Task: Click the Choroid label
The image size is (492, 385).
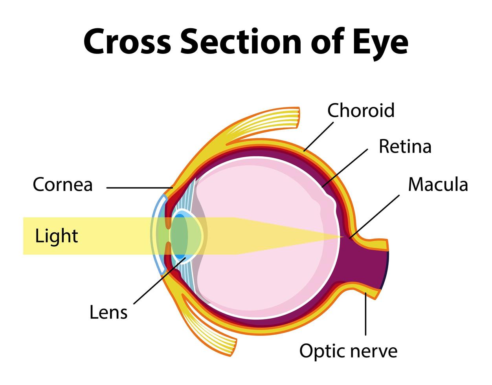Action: coord(361,110)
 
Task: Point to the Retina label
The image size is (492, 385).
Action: coord(405,147)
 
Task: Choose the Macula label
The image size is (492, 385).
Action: coord(438,184)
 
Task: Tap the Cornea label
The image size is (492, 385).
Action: coord(62,184)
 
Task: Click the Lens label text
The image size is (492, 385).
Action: coord(108,312)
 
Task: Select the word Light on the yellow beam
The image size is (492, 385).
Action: coord(56,236)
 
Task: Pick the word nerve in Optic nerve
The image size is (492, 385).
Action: coord(375,351)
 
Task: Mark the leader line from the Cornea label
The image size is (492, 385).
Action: coord(138,188)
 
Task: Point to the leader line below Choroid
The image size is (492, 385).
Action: coord(318,136)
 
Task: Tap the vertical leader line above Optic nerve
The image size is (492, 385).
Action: coord(365,316)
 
